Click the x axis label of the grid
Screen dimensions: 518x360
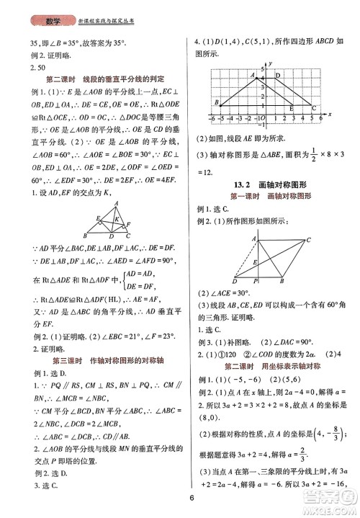point(328,115)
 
